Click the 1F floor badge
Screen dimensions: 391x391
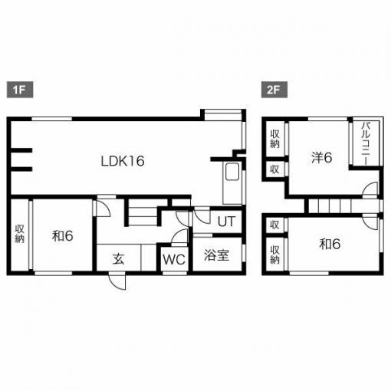(x=20, y=90)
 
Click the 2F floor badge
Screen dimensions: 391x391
(x=274, y=90)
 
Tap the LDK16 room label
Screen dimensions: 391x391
(x=123, y=161)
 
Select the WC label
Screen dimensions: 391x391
(x=174, y=259)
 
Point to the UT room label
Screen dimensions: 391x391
(x=226, y=222)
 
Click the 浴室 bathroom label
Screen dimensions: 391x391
(x=217, y=255)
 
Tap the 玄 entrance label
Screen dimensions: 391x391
(x=119, y=259)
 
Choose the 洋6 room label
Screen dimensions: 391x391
(x=322, y=157)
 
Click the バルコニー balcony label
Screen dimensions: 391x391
(x=366, y=143)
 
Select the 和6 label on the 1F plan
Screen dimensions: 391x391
(x=63, y=235)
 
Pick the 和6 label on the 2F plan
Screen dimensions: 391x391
(x=330, y=244)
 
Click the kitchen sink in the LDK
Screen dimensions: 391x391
(x=232, y=172)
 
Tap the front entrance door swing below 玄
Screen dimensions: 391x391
(x=117, y=281)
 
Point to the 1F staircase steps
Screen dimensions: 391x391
(x=143, y=216)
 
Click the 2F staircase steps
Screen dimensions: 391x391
(x=343, y=206)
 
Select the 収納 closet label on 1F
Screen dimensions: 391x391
(x=19, y=234)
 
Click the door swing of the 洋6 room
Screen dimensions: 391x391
(x=370, y=190)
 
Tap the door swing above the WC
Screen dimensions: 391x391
(x=179, y=236)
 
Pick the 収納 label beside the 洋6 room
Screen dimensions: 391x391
(x=275, y=139)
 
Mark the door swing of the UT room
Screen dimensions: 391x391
(x=202, y=216)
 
